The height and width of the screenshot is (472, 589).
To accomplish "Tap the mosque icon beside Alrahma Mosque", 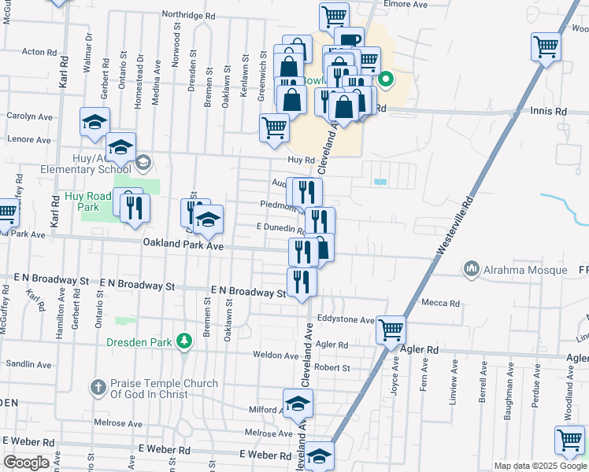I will coord(472,269).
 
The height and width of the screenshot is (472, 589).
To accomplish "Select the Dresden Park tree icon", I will coord(183,341).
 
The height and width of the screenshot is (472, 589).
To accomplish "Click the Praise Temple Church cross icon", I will coord(98,387).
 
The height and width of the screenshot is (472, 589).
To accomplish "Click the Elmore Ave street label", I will coord(405,5).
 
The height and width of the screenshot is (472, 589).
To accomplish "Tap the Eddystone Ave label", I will coord(346,320).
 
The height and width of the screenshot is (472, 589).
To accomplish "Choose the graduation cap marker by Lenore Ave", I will coord(94,122).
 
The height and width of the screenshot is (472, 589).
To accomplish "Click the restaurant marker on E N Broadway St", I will coord(302,281).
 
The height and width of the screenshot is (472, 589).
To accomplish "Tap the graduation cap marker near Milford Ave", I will coord(298,404).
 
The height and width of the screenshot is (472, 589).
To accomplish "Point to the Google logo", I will coord(26,463).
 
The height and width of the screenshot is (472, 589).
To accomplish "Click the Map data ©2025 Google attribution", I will coord(540,466).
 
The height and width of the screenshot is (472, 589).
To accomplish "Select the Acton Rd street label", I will coord(38,52).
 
